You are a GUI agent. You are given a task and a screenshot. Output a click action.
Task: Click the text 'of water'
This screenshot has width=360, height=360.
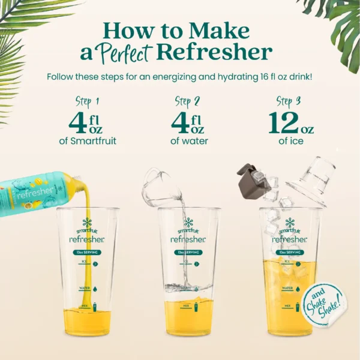click(x=188, y=142)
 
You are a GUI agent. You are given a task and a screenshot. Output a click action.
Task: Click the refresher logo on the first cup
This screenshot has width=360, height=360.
click(x=87, y=239)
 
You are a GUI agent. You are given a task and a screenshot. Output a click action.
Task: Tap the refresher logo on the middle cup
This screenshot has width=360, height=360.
click(x=188, y=239)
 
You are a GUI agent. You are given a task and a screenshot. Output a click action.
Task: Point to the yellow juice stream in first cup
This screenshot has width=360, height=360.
click(x=86, y=252)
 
